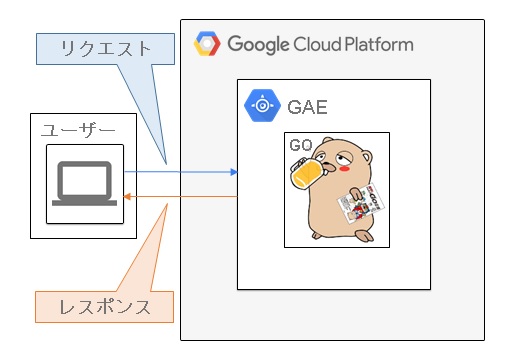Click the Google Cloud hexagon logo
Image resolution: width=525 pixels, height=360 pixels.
(x=207, y=44)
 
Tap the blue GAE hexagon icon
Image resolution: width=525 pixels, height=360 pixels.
(x=261, y=105)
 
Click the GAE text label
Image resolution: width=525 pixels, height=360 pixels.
(x=307, y=106)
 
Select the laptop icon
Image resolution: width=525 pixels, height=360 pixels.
(x=85, y=186)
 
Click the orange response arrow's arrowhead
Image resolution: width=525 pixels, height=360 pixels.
(x=128, y=197)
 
